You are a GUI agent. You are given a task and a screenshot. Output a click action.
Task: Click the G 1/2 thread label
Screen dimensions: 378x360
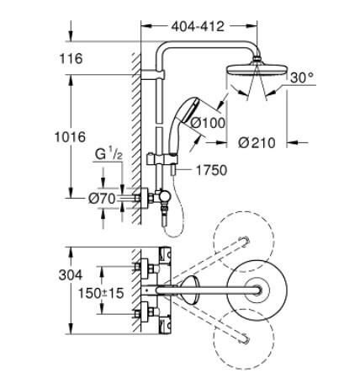click(x=108, y=155)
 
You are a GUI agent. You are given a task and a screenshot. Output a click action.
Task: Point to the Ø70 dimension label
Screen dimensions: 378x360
click(x=102, y=200)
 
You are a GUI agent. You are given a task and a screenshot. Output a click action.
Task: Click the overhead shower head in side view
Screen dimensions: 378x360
click(x=254, y=72)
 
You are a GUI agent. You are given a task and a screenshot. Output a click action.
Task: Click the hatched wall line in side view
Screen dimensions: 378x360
click(x=134, y=135)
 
